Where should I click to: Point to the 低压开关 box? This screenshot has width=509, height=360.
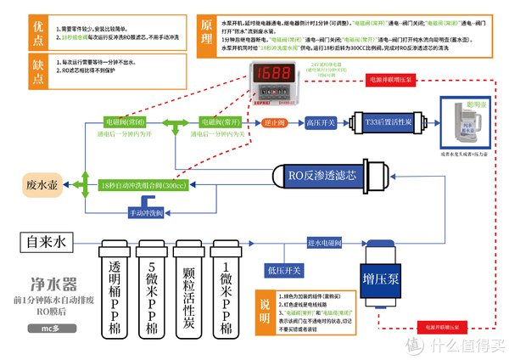click(x=284, y=270)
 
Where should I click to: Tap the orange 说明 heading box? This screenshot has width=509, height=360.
click(x=266, y=305)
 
